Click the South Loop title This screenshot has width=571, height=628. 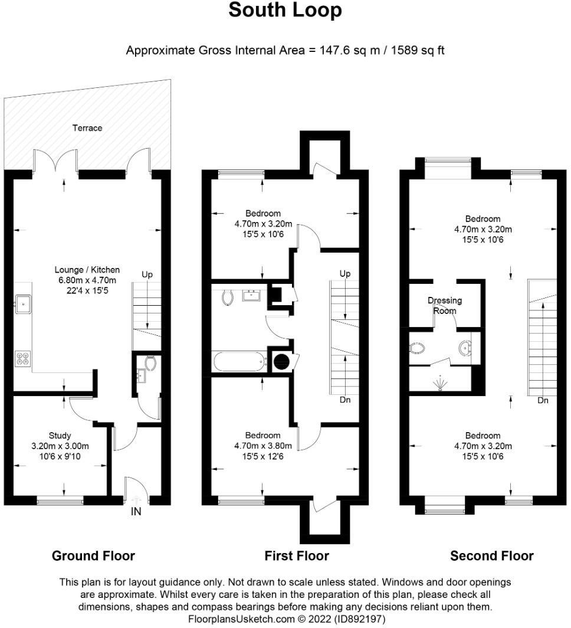[285, 10]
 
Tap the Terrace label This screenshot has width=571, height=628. [87, 127]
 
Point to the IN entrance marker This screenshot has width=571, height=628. [136, 512]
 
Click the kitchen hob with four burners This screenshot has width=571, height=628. [23, 359]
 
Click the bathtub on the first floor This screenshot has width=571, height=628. [238, 361]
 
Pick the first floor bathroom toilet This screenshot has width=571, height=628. [227, 297]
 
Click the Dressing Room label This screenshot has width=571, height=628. [445, 305]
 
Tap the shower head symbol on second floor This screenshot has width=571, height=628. [439, 384]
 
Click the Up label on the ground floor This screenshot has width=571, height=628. [147, 274]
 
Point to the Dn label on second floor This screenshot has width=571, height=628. [543, 400]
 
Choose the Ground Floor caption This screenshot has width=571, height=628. [93, 555]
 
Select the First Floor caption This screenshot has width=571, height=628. [297, 555]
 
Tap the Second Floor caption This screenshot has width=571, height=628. [491, 555]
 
